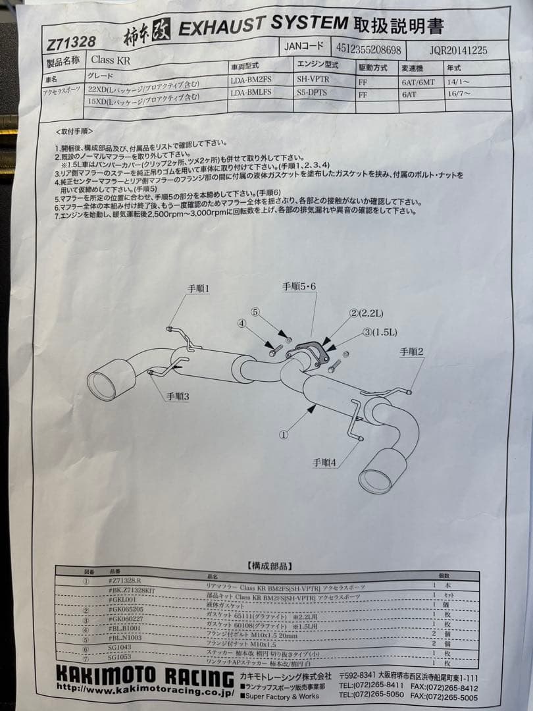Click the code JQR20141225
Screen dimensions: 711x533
point(459,51)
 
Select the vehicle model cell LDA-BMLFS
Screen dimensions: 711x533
point(252,93)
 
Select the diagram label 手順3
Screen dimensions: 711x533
point(178,396)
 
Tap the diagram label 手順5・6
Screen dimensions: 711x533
point(299,286)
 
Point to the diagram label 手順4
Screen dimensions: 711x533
point(324,463)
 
